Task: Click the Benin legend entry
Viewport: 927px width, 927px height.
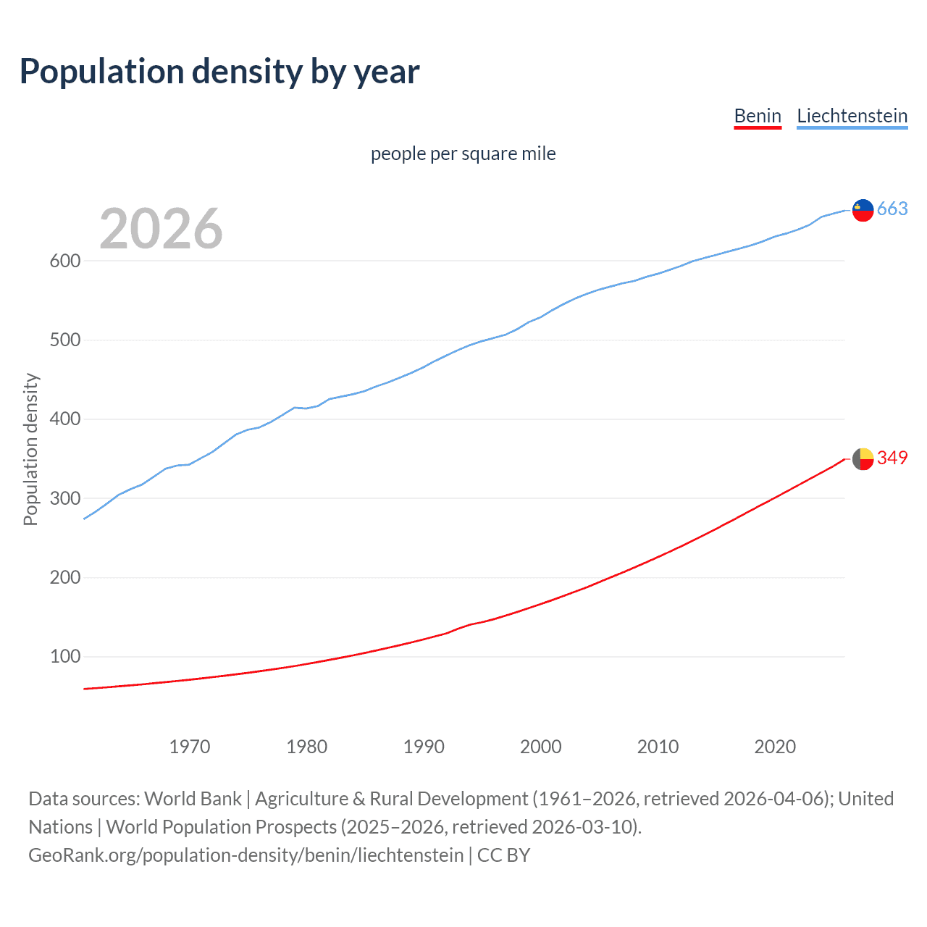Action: [758, 116]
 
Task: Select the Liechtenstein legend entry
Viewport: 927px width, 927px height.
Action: [852, 116]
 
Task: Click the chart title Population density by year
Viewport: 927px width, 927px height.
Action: [219, 72]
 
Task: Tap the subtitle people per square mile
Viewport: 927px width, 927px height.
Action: [463, 154]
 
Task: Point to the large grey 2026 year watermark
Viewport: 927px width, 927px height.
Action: [161, 229]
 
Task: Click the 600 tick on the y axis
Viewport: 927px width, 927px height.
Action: [65, 261]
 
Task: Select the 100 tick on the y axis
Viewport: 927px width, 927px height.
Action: [65, 657]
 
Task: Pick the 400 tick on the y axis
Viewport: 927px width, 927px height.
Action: [65, 419]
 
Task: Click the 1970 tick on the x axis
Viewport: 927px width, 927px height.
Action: [190, 747]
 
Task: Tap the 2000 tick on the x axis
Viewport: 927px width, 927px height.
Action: [540, 747]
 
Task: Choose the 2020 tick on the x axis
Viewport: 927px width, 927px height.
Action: [775, 747]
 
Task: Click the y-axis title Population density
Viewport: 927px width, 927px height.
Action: [30, 449]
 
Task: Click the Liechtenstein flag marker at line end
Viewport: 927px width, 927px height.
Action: [863, 210]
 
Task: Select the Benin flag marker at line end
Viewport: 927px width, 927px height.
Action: [863, 458]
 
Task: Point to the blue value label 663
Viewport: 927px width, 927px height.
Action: [892, 209]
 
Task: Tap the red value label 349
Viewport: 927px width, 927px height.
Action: [892, 458]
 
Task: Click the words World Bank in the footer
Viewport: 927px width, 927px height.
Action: [193, 799]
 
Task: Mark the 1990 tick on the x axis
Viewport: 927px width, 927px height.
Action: [424, 747]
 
